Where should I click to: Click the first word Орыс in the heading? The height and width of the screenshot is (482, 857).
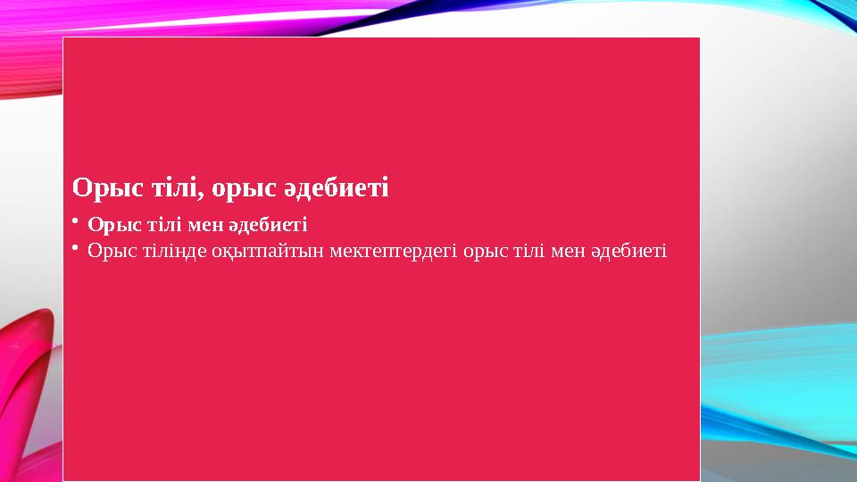100,188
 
